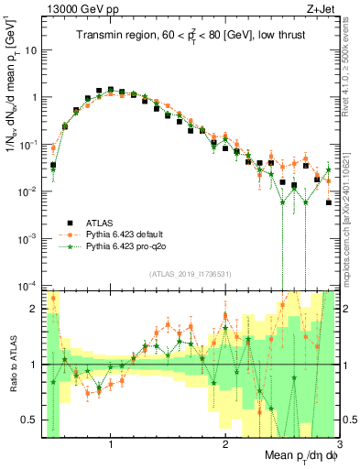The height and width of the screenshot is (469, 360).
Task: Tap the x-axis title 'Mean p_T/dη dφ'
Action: tap(289, 455)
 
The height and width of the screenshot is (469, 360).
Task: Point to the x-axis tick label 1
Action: tap(111, 444)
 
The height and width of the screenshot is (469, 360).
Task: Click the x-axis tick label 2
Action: tap(225, 444)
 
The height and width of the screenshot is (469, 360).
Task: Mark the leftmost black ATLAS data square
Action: tap(53, 166)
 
